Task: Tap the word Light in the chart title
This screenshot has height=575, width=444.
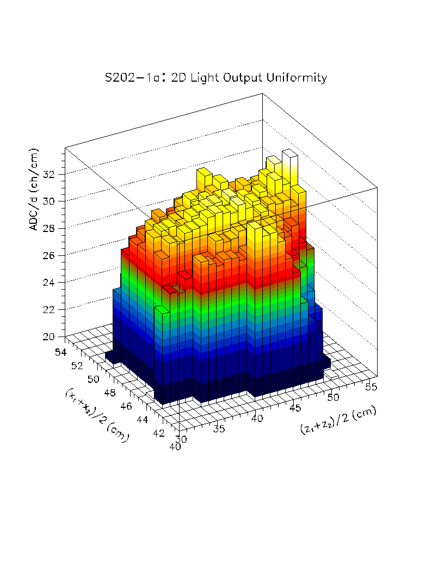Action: click(201, 78)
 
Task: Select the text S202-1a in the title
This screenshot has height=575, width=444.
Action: click(132, 78)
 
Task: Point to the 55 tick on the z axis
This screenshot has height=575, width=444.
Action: click(371, 387)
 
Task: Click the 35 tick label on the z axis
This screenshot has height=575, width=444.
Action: click(218, 430)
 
